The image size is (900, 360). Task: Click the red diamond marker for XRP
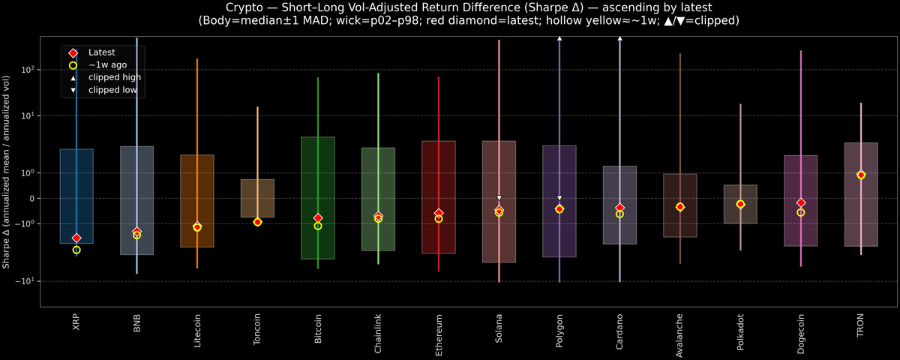point(76,238)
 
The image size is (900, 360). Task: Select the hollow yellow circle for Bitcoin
point(318,226)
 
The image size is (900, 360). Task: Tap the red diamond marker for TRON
point(861,175)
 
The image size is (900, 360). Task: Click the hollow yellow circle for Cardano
point(619,214)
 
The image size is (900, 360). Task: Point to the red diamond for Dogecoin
point(801,203)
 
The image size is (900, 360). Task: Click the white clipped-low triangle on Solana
point(499,198)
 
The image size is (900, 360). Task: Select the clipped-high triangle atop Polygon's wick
point(559,37)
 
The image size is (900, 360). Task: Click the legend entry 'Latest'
point(100,52)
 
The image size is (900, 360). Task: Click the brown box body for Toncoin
point(257,198)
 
